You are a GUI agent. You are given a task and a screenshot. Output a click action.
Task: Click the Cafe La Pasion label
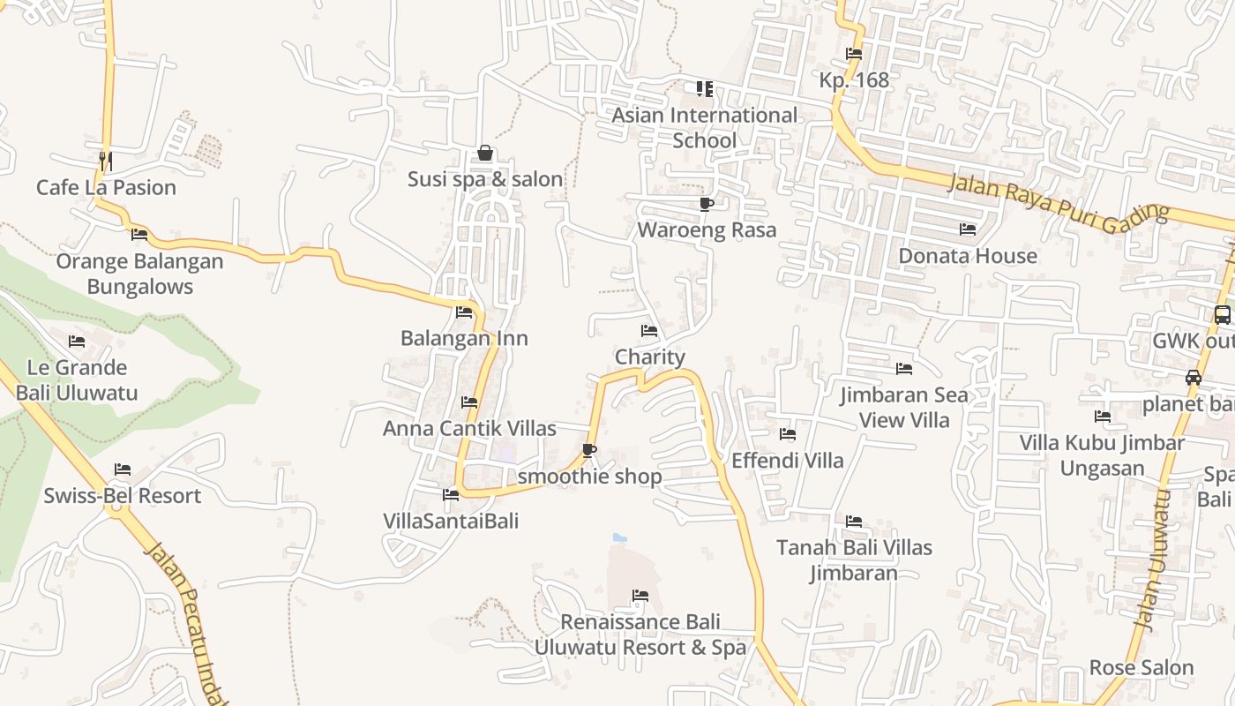tap(106, 187)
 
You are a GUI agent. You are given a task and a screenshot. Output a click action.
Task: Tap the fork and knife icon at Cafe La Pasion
tap(105, 161)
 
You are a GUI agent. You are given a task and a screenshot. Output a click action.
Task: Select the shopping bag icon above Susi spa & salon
tap(484, 154)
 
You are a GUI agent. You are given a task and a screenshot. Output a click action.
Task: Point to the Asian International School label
tap(704, 127)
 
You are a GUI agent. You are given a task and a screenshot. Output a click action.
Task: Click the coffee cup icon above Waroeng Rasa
tap(706, 205)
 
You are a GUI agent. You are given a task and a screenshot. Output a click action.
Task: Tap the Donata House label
tap(968, 256)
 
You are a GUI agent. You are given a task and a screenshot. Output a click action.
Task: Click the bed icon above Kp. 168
tap(853, 54)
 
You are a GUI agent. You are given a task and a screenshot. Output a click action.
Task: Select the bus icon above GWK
tap(1222, 314)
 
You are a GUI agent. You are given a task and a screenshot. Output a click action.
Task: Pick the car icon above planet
tap(1194, 378)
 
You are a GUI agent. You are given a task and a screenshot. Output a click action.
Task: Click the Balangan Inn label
tap(464, 338)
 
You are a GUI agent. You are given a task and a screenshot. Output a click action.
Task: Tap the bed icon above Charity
tap(649, 331)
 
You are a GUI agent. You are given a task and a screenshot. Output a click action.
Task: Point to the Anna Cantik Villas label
tap(469, 428)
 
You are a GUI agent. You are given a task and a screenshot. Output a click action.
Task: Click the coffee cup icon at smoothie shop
tap(589, 451)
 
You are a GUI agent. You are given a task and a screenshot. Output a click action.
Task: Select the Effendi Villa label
tap(787, 460)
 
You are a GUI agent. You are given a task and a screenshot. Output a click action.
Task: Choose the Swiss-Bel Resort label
tap(123, 496)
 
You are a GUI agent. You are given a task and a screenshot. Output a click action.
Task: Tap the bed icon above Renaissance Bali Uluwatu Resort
tap(640, 597)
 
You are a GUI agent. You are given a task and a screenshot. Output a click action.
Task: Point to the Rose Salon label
tap(1141, 667)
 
